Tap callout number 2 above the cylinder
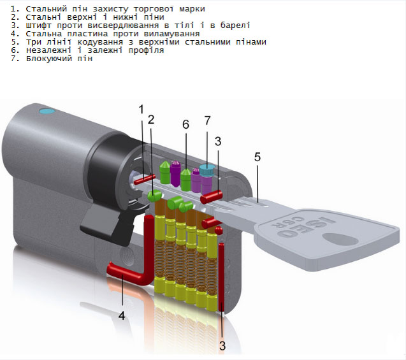pyautogui.click(x=151, y=119)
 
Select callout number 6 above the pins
pyautogui.click(x=185, y=124)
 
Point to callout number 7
pyautogui.click(x=207, y=120)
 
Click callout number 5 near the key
pyautogui.click(x=257, y=156)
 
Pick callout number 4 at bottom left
pyautogui.click(x=121, y=314)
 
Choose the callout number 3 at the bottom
pyautogui.click(x=222, y=346)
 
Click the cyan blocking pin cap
pyautogui.click(x=207, y=169)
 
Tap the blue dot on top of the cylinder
pyautogui.click(x=44, y=113)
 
